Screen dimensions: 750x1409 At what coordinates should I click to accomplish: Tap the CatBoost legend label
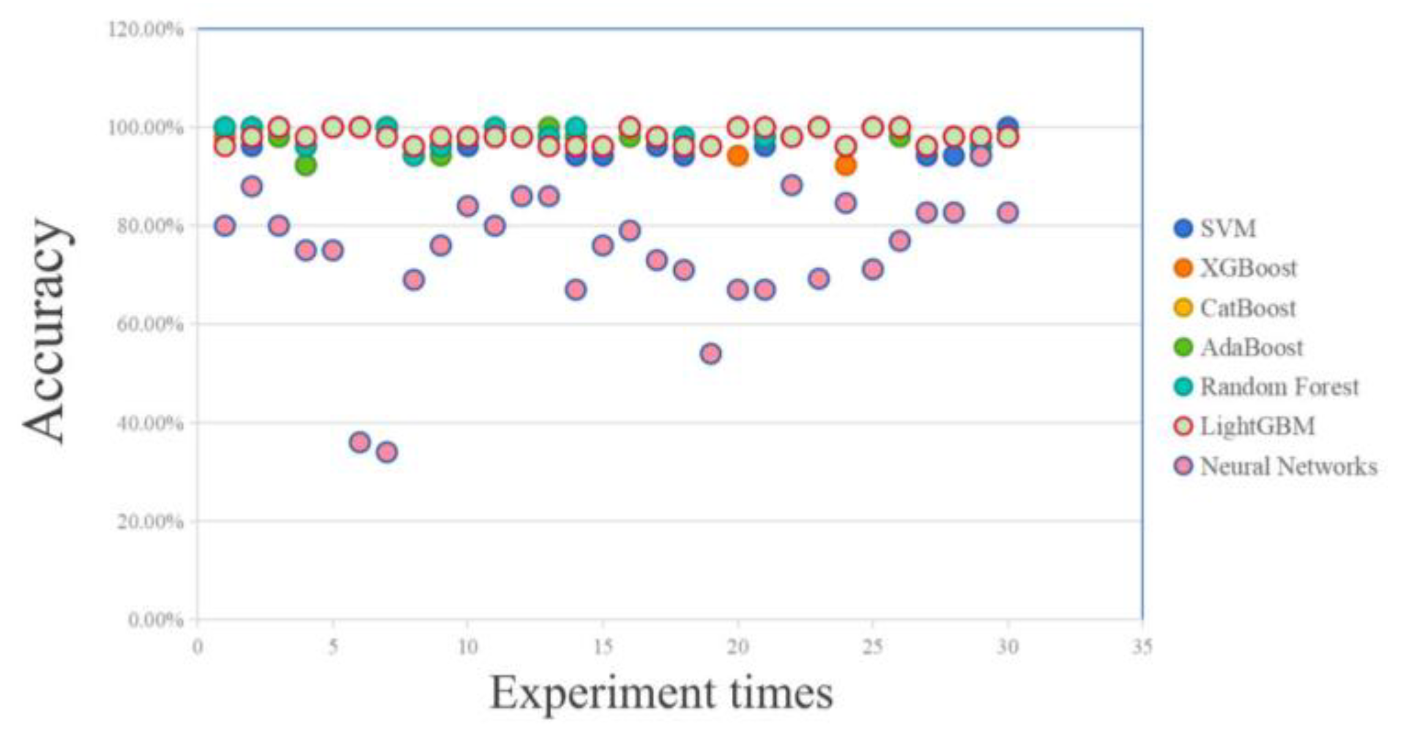tap(1247, 308)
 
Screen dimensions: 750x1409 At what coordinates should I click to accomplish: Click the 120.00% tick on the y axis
tap(146, 29)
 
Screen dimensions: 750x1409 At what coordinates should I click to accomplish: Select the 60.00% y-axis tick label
tap(149, 324)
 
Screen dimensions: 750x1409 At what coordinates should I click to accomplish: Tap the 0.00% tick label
tap(155, 620)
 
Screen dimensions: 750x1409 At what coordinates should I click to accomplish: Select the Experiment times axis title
tap(661, 693)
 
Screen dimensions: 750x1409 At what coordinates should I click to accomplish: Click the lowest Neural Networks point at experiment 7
tap(387, 452)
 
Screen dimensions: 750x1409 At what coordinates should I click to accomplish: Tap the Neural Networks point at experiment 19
tap(710, 353)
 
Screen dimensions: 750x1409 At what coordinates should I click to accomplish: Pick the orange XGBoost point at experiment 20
tap(738, 156)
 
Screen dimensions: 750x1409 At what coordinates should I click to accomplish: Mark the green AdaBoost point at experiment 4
tap(306, 165)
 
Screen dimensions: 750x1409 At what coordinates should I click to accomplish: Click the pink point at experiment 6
tap(360, 442)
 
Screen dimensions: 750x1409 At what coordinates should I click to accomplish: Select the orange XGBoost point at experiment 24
tap(846, 165)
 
